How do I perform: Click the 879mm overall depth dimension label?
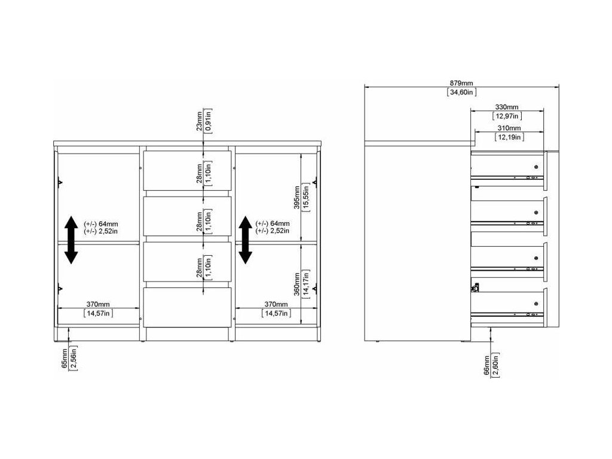tap(461, 83)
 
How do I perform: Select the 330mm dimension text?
tap(507, 107)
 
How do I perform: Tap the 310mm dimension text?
tap(509, 128)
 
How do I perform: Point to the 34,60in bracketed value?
tap(461, 93)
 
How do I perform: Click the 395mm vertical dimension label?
tap(297, 197)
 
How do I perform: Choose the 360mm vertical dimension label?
tap(297, 284)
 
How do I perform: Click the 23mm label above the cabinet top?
tap(200, 121)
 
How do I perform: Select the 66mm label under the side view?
tap(486, 365)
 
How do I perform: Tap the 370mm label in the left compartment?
tap(98, 304)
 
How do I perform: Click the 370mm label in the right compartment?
tap(276, 304)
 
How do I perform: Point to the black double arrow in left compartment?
tap(71, 240)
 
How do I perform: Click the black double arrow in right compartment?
tap(245, 240)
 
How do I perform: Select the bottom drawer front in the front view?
tap(187, 307)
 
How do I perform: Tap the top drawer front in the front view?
tap(187, 170)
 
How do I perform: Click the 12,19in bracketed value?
tap(509, 137)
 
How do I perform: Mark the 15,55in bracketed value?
tap(306, 197)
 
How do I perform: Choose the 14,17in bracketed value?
tap(306, 284)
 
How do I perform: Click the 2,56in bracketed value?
tap(74, 357)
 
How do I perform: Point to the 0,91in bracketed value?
tap(209, 121)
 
